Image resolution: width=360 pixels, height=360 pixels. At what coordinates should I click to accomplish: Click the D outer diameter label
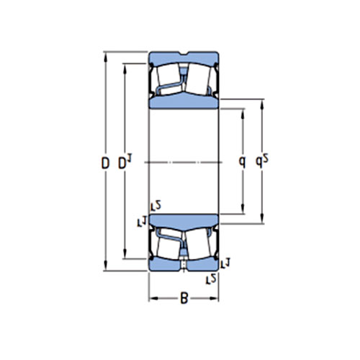[x=106, y=163]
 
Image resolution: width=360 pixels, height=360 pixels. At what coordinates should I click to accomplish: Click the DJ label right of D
[x=124, y=164]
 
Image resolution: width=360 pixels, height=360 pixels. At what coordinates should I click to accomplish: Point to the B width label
[x=184, y=299]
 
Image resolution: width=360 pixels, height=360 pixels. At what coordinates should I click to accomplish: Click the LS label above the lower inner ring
[x=155, y=207]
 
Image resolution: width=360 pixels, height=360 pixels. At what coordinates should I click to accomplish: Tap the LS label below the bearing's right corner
[x=212, y=278]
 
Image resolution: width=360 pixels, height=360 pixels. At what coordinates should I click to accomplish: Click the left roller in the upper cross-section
[x=166, y=78]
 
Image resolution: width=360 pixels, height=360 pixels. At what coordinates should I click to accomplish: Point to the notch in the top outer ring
[x=184, y=54]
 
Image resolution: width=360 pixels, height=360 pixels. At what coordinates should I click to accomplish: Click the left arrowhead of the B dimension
[x=151, y=298]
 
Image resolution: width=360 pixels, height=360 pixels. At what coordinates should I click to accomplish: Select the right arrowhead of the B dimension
[x=216, y=298]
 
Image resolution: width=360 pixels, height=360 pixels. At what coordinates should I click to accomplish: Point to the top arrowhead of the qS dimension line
[x=261, y=102]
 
